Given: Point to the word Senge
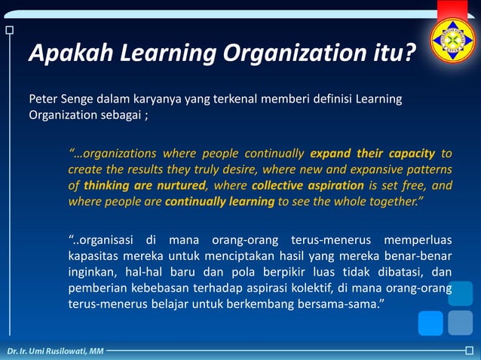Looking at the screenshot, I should [78, 99].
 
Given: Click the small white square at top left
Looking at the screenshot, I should [9, 30].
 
